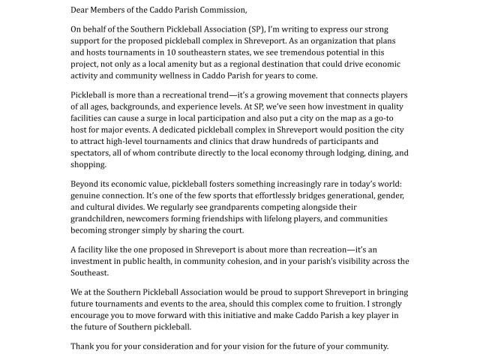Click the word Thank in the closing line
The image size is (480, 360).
[x=85, y=346]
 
